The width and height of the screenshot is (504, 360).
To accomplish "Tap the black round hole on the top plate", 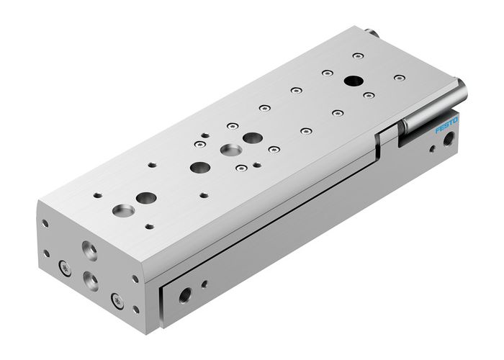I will (x=354, y=81).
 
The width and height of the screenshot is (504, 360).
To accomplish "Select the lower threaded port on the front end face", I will (x=91, y=278).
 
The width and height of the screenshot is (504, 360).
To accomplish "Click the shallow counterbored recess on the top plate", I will (x=232, y=150).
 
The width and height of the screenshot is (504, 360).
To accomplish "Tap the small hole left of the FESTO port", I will (x=432, y=151).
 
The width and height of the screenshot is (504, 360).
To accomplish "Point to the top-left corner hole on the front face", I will (x=45, y=223).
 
